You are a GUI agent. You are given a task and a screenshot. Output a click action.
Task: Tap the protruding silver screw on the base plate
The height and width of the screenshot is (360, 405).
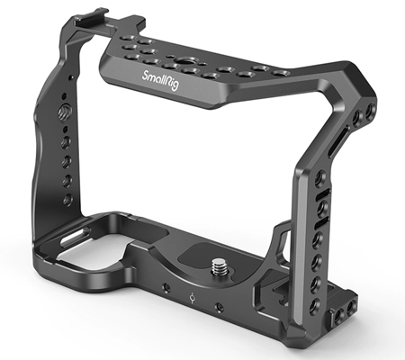pyautogui.click(x=218, y=265)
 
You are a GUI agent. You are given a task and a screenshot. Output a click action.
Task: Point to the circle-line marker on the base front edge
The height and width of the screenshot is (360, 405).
pyautogui.click(x=193, y=298)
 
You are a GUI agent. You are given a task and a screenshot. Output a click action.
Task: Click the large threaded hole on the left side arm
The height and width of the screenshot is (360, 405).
pyautogui.click(x=63, y=112)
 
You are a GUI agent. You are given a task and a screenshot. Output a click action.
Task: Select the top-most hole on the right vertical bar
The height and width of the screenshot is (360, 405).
pyautogui.click(x=320, y=177)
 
